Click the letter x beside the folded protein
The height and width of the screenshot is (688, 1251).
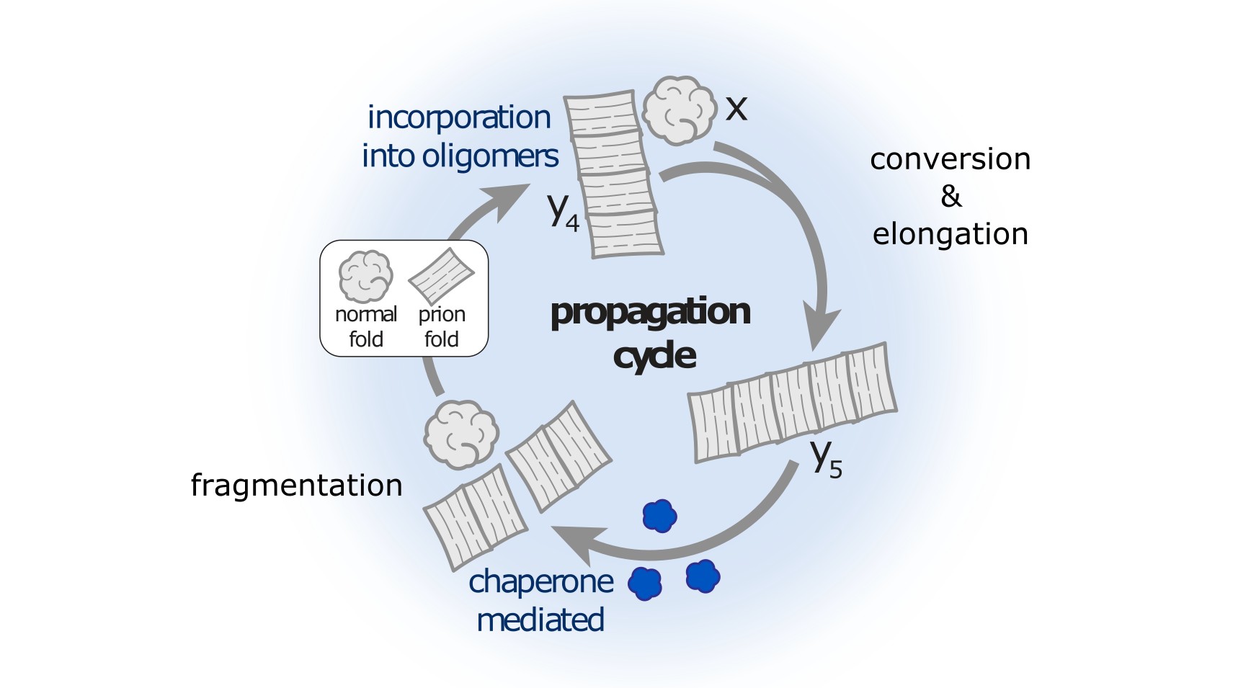pos(736,109)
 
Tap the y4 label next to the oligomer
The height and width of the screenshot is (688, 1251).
pos(563,211)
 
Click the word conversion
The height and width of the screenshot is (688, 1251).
pos(950,159)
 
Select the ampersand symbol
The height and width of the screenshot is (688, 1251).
pos(951,196)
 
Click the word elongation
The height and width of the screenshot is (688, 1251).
pos(950,234)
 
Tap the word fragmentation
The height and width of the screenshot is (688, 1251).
pos(296,485)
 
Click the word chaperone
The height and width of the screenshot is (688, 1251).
pos(540,581)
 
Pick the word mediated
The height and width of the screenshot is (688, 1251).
pos(540,620)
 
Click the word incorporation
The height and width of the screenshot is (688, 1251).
pos(459,117)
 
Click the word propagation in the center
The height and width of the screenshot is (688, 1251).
pos(650,312)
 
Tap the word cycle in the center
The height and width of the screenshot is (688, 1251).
pos(654,356)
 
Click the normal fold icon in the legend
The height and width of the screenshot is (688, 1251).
pos(365,277)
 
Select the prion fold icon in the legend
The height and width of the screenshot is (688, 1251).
pos(441,276)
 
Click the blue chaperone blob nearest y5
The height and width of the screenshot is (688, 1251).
pos(659,516)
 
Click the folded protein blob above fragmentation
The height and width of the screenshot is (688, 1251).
pos(461,434)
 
